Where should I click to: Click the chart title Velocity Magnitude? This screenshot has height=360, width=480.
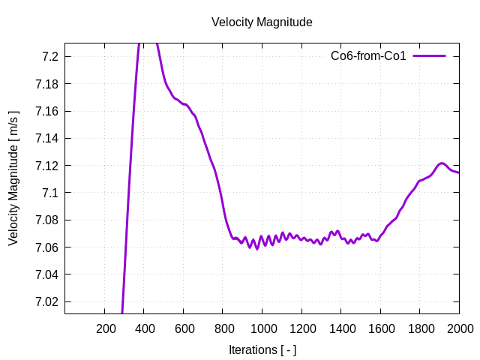click(262, 22)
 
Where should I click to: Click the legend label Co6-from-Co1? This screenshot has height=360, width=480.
click(368, 56)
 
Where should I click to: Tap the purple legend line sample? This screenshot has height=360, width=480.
click(429, 56)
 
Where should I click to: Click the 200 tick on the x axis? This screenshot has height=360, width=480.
click(106, 328)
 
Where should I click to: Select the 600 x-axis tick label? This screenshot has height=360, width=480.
click(184, 328)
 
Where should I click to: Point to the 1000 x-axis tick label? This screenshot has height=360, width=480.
click(262, 328)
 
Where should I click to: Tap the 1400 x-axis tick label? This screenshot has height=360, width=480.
click(341, 328)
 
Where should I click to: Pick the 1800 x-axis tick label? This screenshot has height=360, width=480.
click(420, 328)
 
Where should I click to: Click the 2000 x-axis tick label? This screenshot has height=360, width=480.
click(459, 328)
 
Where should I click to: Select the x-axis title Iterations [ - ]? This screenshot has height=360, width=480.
click(262, 349)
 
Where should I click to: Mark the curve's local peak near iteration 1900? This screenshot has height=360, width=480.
click(442, 163)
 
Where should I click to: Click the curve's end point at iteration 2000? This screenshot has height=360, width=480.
click(459, 173)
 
